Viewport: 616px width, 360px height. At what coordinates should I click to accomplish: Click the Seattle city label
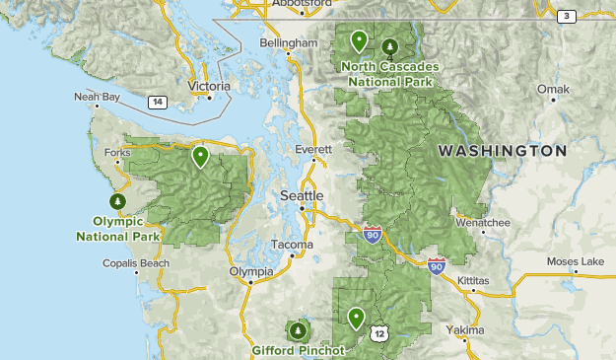click(302, 195)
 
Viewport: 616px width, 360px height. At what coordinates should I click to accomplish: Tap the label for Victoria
click(209, 86)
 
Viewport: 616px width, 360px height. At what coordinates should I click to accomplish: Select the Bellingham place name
click(288, 43)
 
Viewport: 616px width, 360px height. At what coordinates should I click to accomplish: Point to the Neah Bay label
click(96, 97)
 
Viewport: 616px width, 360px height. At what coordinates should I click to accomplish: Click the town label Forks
click(117, 153)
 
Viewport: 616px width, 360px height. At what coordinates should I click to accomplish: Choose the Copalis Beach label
click(136, 263)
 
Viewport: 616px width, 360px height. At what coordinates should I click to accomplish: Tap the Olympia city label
click(251, 271)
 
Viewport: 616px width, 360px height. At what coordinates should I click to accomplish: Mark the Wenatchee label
click(483, 223)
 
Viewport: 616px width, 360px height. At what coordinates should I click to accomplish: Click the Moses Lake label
click(576, 261)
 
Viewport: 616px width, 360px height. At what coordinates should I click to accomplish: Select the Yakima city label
click(464, 329)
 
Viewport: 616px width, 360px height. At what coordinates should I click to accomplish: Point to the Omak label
click(553, 90)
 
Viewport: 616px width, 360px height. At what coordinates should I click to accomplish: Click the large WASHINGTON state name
click(503, 151)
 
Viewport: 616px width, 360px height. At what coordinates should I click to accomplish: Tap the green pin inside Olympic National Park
click(201, 156)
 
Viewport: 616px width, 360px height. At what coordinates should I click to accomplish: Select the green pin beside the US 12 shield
click(356, 318)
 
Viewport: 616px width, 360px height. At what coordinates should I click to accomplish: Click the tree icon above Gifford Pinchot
click(298, 329)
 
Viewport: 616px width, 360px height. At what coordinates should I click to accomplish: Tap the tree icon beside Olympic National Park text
click(119, 201)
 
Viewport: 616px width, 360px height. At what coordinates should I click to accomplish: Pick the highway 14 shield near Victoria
click(157, 102)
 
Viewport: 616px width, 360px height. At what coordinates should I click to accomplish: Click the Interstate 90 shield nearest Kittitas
click(437, 265)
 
